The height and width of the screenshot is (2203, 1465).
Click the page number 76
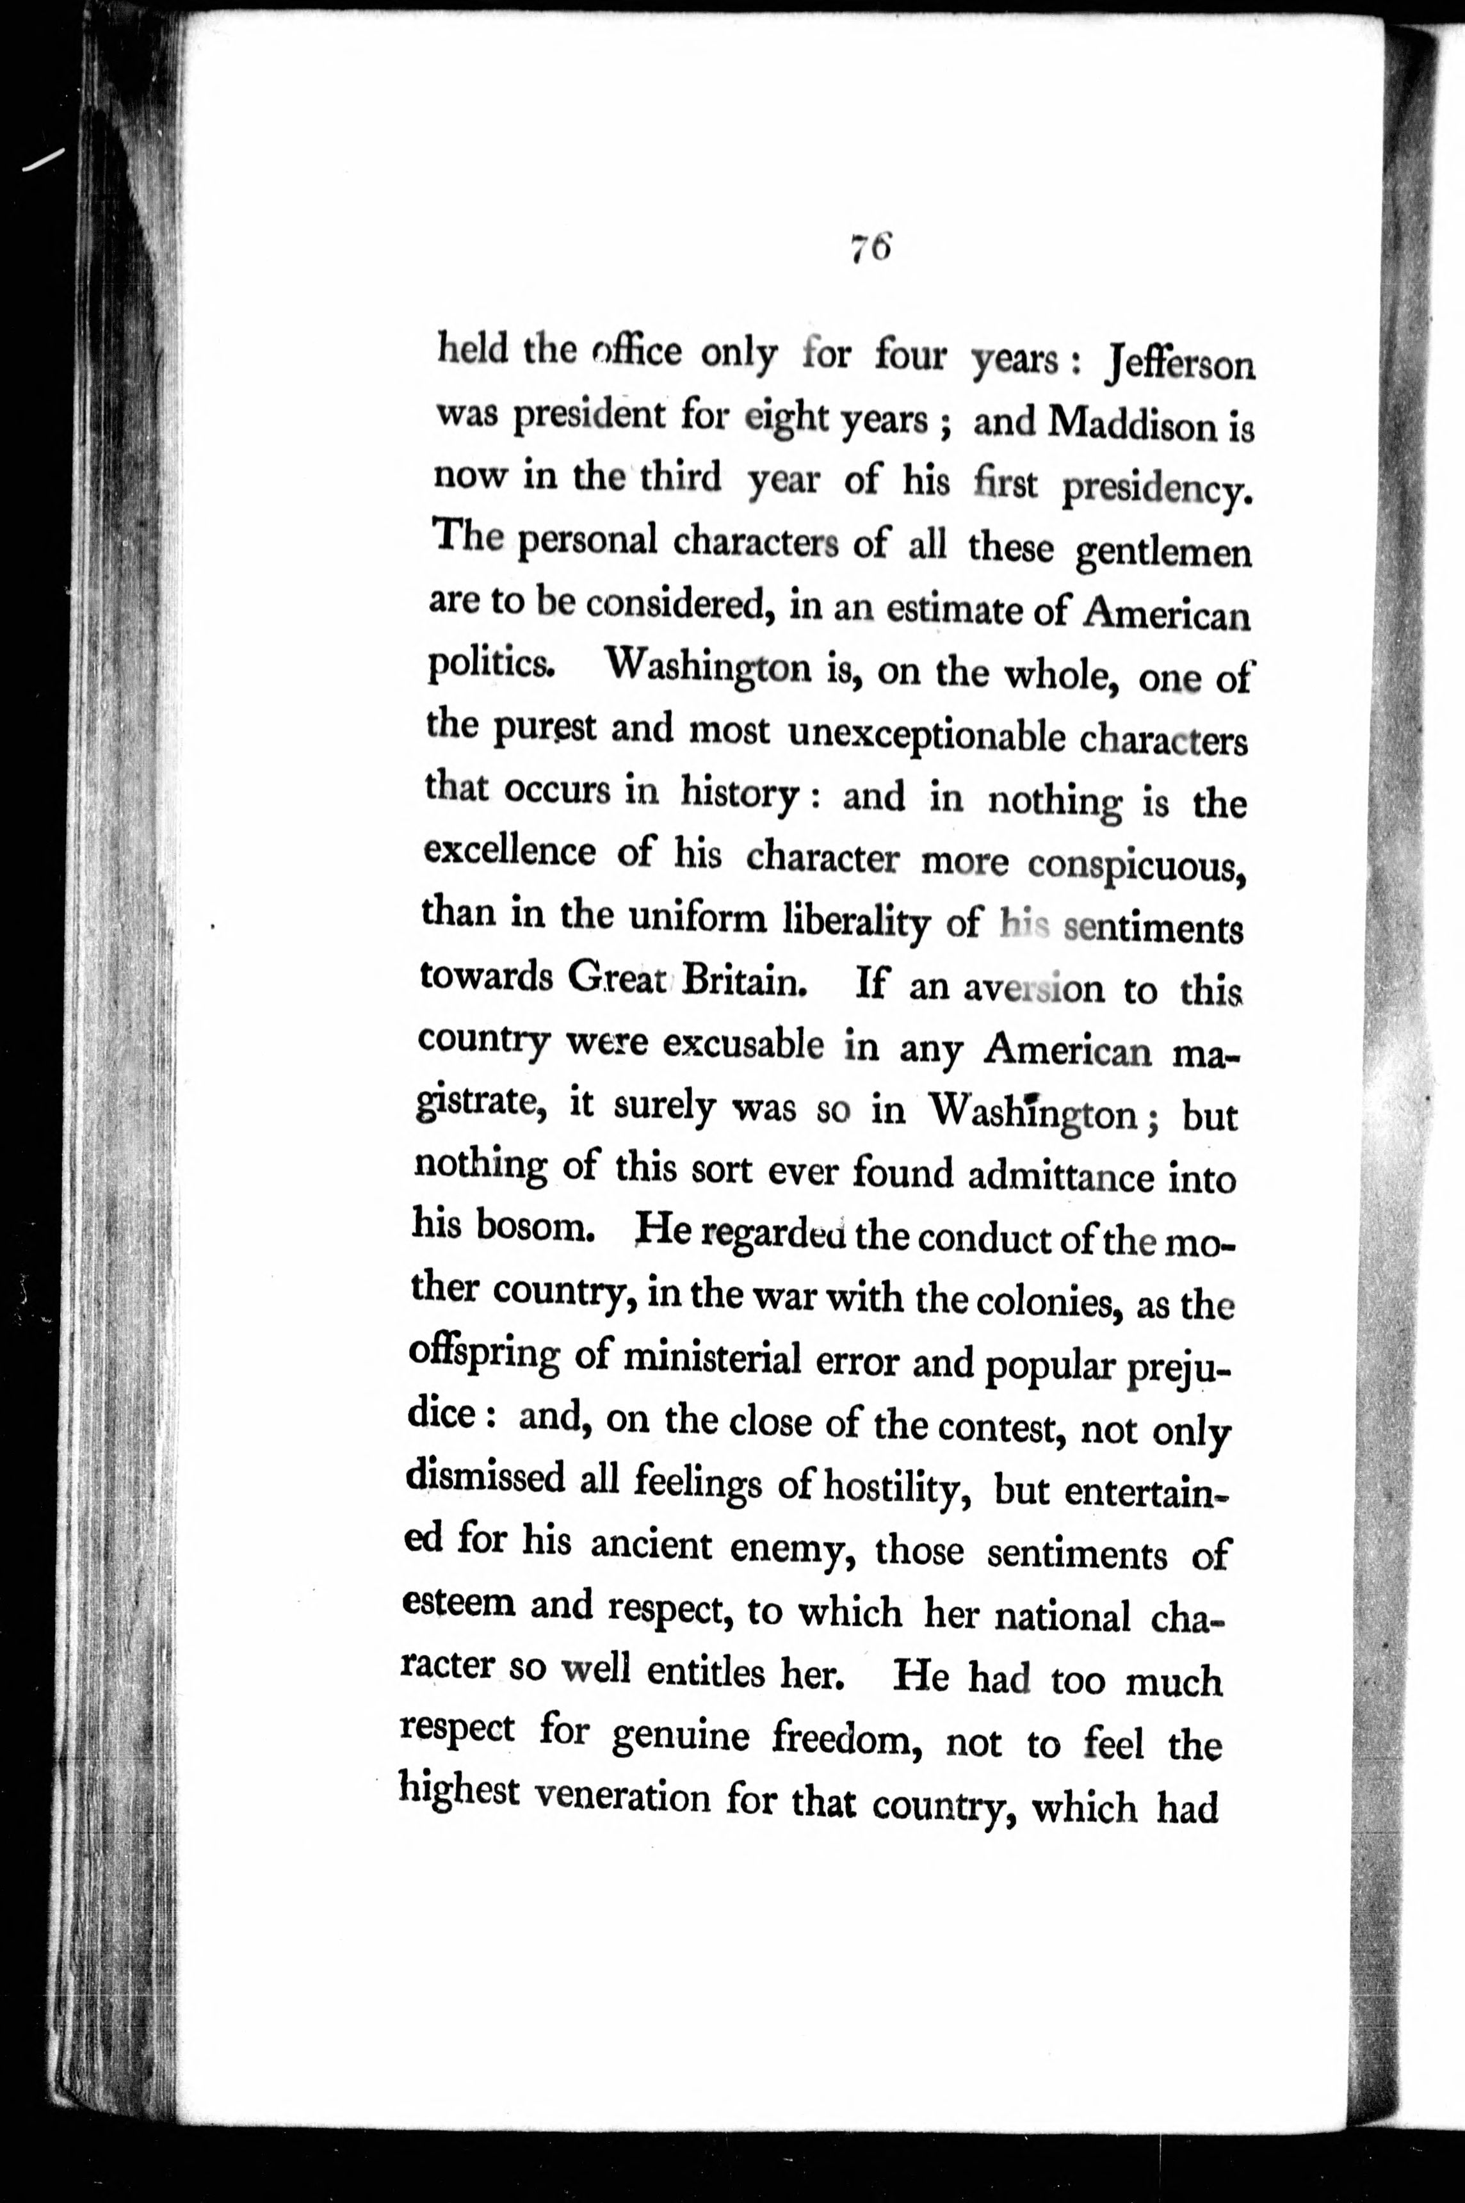[873, 250]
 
